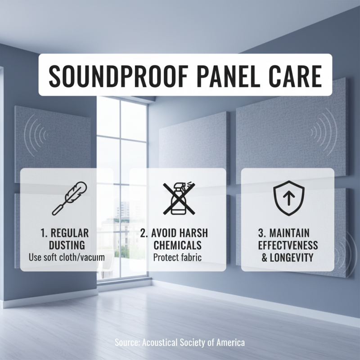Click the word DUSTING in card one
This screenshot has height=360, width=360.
point(67,246)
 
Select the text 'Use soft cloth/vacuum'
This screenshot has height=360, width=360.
point(67,258)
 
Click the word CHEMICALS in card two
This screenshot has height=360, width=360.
point(177,246)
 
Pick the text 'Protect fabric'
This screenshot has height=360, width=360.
point(177,258)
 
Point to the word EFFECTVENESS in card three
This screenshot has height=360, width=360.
point(288,246)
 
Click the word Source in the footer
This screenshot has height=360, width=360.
point(127,343)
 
